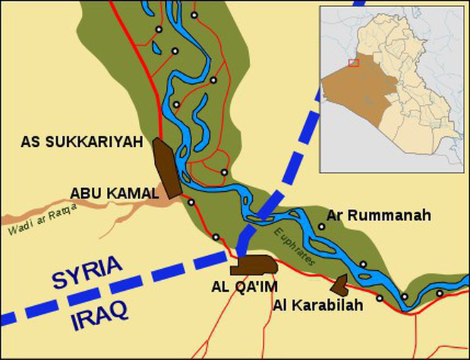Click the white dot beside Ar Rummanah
322,226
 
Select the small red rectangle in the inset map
353,63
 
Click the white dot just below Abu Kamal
191,202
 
